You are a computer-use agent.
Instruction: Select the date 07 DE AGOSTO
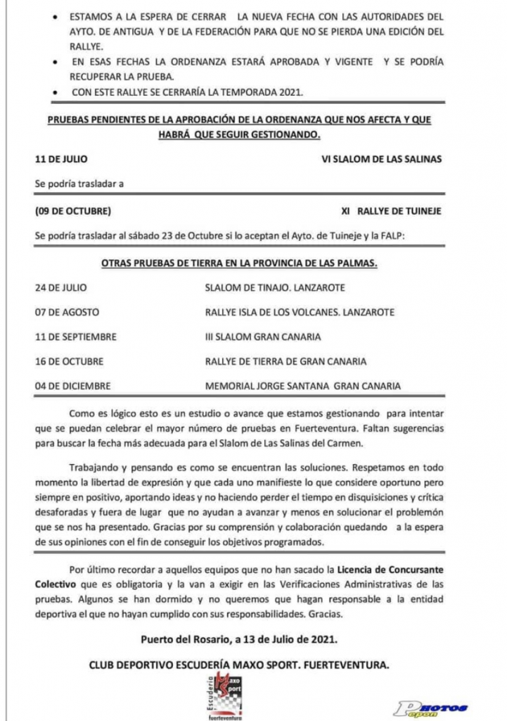click(67, 312)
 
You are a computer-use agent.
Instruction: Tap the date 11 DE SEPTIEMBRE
click(76, 337)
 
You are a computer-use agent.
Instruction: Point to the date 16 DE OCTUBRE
click(69, 361)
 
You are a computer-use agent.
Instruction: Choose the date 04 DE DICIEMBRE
click(74, 386)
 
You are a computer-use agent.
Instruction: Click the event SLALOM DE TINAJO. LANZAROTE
click(274, 288)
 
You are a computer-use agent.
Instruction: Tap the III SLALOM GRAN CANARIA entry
click(262, 337)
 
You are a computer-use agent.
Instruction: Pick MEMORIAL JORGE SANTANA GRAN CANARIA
click(302, 386)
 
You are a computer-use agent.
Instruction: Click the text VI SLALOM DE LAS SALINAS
click(381, 159)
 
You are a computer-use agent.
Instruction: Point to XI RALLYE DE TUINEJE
click(391, 211)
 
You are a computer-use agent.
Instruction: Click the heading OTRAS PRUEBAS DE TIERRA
click(240, 263)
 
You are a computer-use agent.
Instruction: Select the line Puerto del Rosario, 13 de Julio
click(238, 639)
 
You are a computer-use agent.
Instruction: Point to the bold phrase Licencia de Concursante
click(391, 569)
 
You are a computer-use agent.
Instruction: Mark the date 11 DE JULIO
click(61, 159)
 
